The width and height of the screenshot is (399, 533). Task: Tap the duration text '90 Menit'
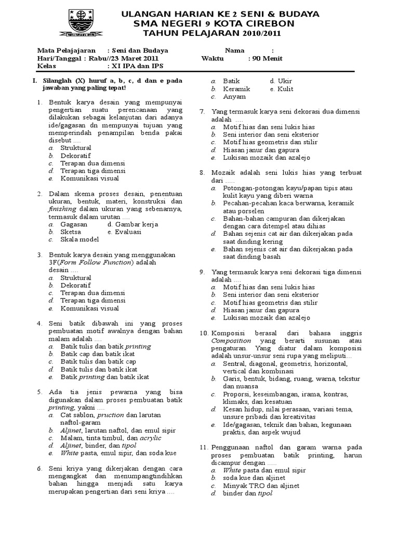pos(265,58)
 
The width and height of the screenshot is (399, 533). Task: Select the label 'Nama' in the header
pos(234,50)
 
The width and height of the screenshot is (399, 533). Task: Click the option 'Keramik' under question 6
pos(236,89)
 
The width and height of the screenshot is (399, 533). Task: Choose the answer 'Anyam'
pos(234,97)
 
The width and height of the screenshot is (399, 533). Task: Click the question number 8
pos(202,172)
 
